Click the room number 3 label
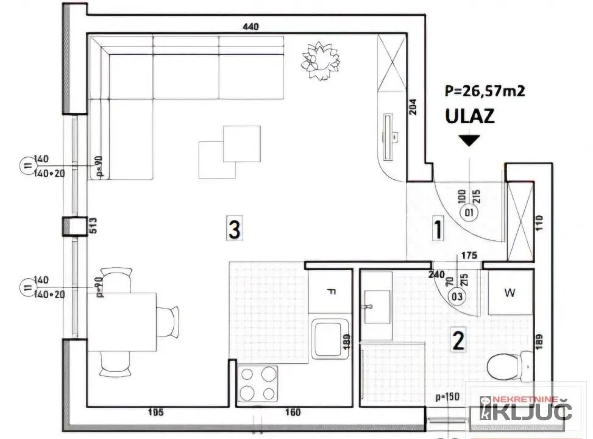pos(235,229)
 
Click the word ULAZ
pos(469,116)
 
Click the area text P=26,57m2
pos(485,91)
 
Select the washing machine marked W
pos(510,293)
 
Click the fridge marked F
pos(331,291)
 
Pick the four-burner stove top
pos(258,384)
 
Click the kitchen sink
pos(330,340)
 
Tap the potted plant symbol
pos(320,59)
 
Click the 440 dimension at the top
pos(251,26)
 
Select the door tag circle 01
pos(469,213)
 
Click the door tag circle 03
pos(456,297)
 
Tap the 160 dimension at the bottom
pos(293,413)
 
